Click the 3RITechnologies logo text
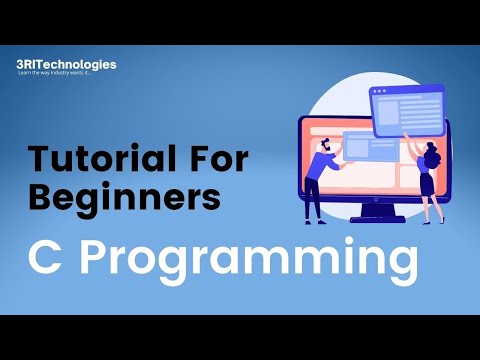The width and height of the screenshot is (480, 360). pyautogui.click(x=66, y=65)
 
